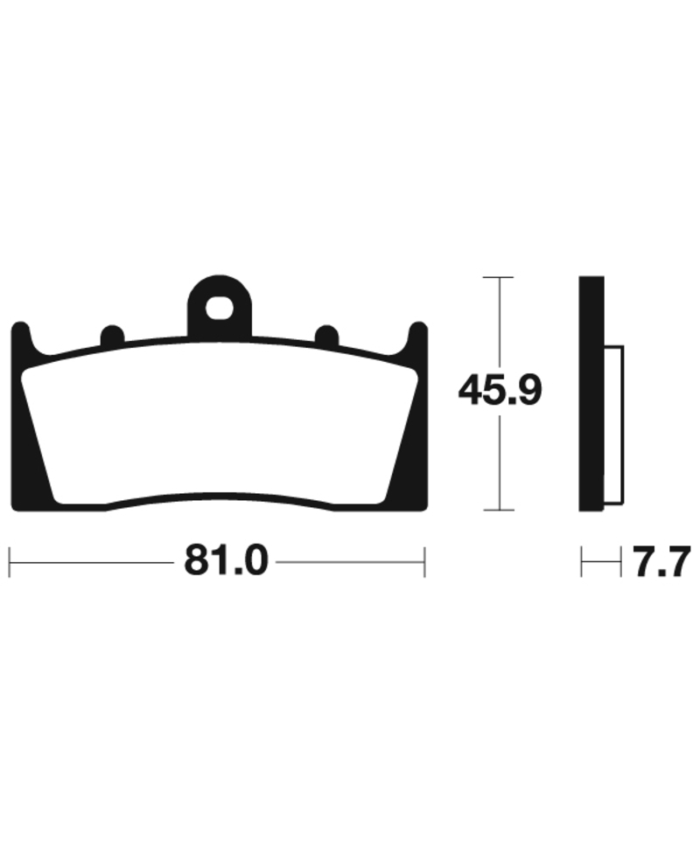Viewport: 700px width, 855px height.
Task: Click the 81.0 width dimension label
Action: [227, 561]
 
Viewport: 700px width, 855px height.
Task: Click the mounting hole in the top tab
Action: [220, 309]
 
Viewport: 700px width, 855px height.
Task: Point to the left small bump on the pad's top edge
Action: [112, 335]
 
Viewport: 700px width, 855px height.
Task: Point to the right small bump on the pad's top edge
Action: [327, 335]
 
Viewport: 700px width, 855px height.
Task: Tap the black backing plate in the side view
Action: [591, 393]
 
